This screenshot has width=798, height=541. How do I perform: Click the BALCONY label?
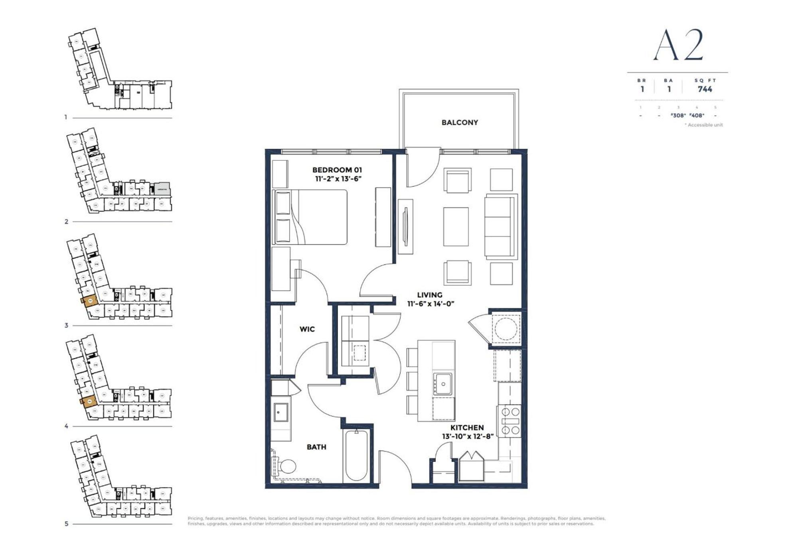(x=460, y=122)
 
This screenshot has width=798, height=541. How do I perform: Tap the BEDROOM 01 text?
(x=337, y=170)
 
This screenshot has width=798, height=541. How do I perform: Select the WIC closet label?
(x=307, y=329)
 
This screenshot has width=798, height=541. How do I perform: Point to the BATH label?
(x=316, y=447)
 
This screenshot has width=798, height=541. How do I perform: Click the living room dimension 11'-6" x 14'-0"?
(x=431, y=304)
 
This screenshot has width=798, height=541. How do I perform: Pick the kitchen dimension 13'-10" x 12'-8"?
(x=468, y=436)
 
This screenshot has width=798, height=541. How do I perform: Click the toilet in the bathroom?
(x=286, y=466)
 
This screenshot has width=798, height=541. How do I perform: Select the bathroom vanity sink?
(x=280, y=412)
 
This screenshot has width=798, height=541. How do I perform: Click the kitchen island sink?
(x=443, y=384)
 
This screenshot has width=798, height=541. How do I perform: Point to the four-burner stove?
(x=510, y=421)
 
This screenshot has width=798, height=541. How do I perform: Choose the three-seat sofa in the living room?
(x=500, y=227)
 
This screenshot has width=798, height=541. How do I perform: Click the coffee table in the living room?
(x=456, y=226)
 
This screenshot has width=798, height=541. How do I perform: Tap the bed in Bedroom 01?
(x=315, y=217)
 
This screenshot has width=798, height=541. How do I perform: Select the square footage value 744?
(x=705, y=89)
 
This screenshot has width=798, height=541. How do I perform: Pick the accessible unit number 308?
(x=678, y=115)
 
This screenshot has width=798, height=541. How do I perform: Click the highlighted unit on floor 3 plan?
(x=90, y=301)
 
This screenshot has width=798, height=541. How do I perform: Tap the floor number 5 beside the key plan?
(x=66, y=524)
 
